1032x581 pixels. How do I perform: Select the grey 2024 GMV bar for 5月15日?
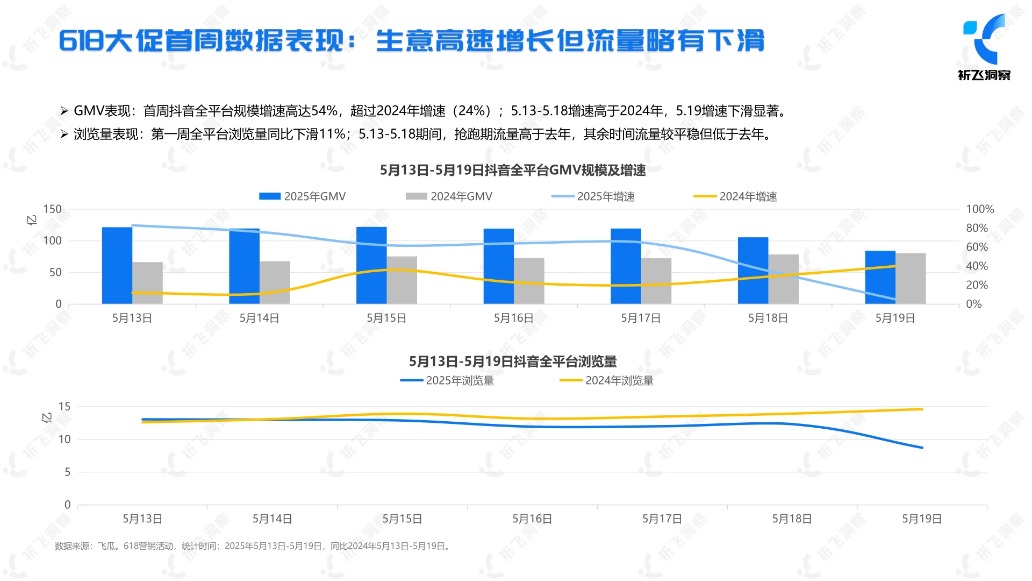click(402, 280)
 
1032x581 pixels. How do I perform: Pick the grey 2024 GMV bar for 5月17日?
click(656, 281)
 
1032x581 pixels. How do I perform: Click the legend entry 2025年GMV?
click(303, 196)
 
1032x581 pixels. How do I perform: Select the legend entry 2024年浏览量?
click(607, 381)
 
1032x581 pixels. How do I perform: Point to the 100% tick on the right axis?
click(979, 209)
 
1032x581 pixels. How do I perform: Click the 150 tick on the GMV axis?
click(52, 209)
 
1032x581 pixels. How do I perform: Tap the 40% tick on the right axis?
click(977, 266)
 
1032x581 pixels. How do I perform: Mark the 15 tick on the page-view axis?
click(64, 407)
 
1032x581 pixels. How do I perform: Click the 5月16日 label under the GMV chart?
click(513, 318)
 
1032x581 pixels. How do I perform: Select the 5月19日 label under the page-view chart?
click(921, 519)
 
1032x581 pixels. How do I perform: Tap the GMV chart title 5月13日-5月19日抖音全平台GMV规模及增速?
click(513, 171)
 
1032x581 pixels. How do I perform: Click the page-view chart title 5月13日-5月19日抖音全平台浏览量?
click(513, 362)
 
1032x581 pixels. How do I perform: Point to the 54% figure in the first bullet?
click(324, 111)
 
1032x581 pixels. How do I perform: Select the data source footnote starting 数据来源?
click(253, 546)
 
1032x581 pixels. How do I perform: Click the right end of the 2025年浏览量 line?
click(922, 447)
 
